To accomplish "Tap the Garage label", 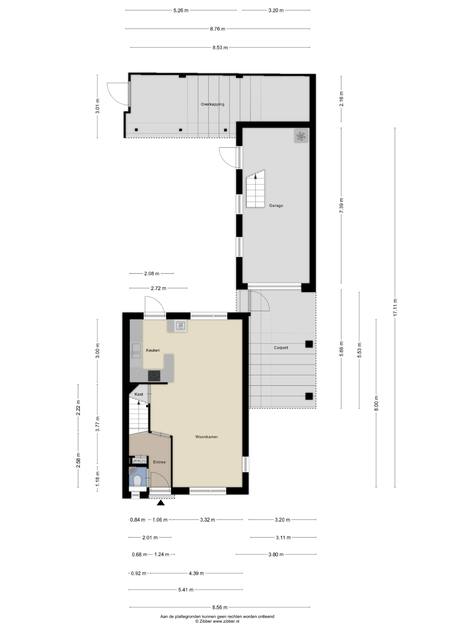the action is click(276, 205).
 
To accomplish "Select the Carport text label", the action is click(281, 348).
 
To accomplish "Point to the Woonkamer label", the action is click(206, 437).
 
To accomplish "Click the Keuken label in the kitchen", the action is click(153, 350).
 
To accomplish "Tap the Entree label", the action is click(159, 462).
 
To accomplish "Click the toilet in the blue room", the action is click(137, 480).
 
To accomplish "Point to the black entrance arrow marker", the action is click(161, 503).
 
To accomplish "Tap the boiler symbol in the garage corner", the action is click(301, 136).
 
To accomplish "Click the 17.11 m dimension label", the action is click(395, 307).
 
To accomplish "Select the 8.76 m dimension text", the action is click(218, 29).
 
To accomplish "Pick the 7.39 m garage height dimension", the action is click(341, 205).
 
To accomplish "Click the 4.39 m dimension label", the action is click(196, 573).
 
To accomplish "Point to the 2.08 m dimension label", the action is click(152, 274).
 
